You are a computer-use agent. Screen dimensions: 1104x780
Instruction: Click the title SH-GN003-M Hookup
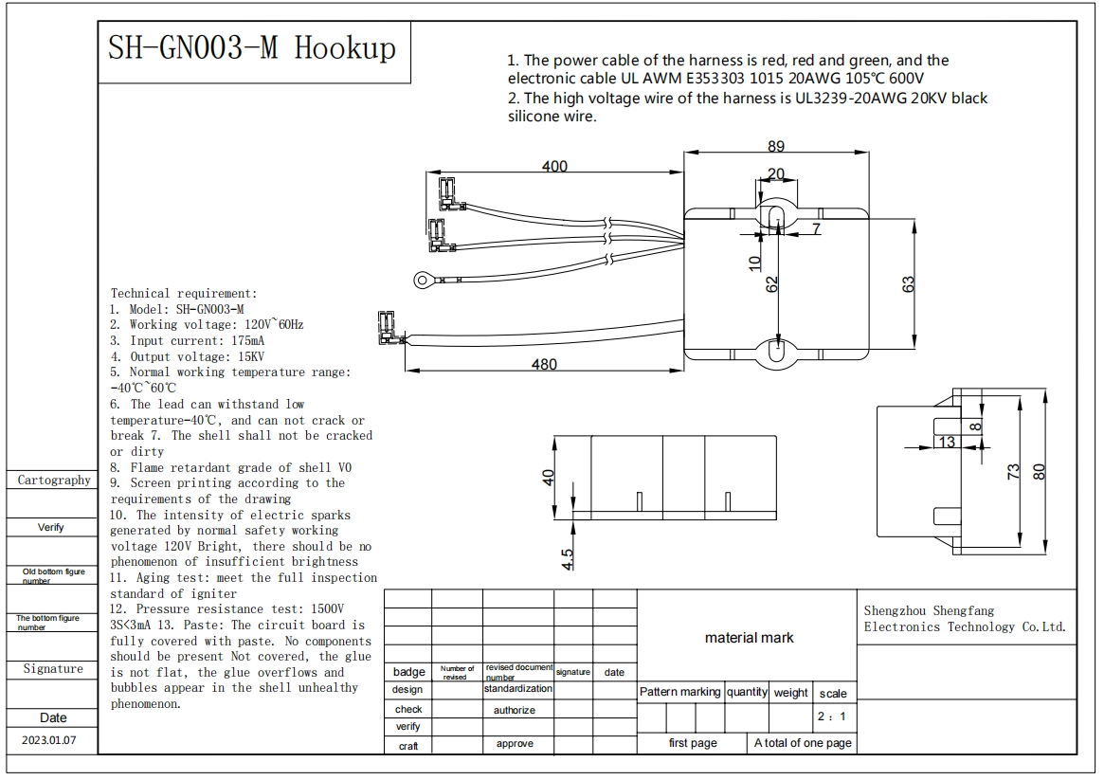tap(251, 48)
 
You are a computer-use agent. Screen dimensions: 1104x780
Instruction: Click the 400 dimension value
tap(554, 166)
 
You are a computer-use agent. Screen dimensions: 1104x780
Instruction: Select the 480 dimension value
tap(544, 365)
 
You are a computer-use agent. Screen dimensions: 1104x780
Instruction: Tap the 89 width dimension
tap(776, 146)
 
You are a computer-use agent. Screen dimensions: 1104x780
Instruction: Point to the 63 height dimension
tap(908, 284)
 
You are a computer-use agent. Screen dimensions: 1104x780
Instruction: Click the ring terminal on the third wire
tap(423, 281)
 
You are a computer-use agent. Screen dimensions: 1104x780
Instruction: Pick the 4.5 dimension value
tap(568, 559)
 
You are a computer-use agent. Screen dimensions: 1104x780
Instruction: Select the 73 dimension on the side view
tap(1012, 471)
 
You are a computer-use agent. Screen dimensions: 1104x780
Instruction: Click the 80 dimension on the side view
tap(1039, 471)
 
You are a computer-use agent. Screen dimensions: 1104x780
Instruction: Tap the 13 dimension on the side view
tap(947, 442)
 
